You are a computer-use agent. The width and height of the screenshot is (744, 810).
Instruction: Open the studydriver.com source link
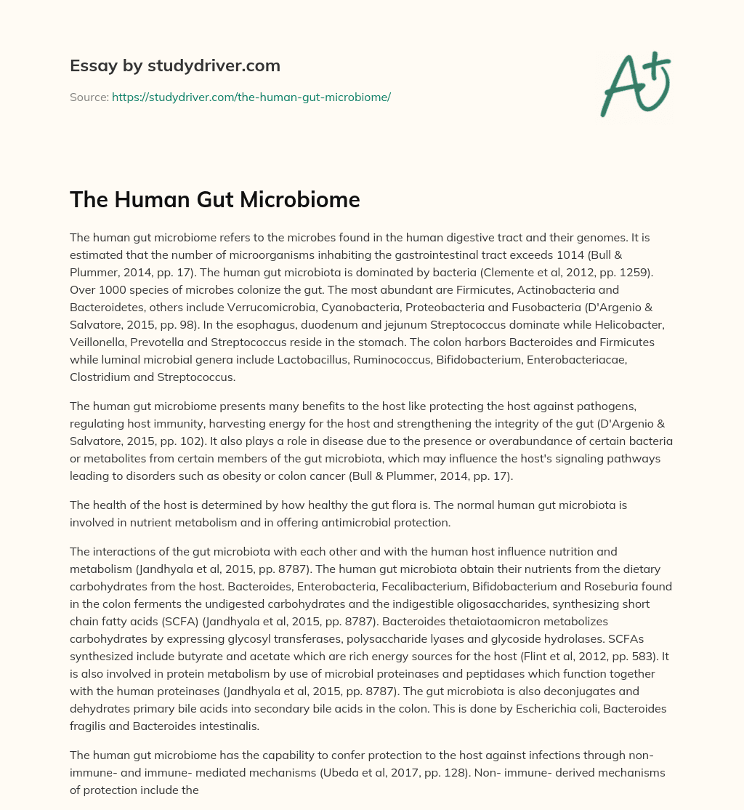(251, 97)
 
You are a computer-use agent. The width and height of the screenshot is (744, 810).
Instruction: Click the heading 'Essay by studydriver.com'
(175, 65)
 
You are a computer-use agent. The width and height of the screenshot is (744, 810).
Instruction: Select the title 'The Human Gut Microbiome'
(215, 199)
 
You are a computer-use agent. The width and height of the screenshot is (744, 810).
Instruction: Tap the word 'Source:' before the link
(89, 97)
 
